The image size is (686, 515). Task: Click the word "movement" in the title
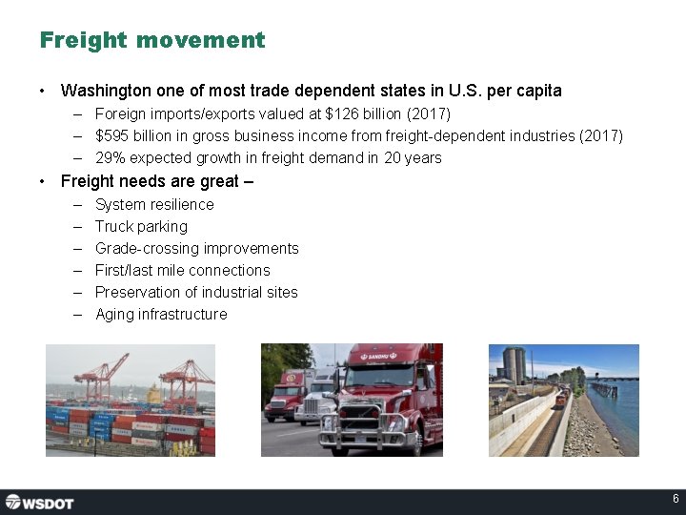point(200,40)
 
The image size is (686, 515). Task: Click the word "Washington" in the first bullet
point(106,91)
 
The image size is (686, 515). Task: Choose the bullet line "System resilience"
point(154,204)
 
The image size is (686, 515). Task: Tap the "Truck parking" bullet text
point(141,226)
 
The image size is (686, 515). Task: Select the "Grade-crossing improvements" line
point(196,248)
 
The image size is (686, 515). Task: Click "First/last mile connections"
point(182,270)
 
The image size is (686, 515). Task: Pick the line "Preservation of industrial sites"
point(196,292)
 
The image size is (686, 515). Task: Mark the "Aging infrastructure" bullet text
point(161,314)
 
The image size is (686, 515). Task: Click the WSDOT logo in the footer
point(39,502)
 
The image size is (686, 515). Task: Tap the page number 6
point(676,500)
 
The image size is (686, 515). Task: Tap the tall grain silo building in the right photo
point(514,364)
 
